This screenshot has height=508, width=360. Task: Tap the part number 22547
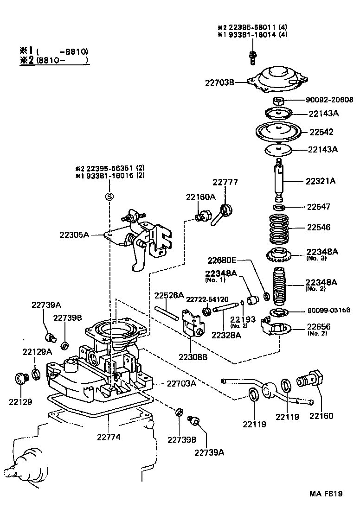(318, 207)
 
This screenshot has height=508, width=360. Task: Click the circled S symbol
(109, 197)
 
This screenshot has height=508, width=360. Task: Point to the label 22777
(225, 182)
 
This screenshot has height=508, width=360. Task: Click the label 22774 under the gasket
(109, 436)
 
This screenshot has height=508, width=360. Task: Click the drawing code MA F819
(326, 494)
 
